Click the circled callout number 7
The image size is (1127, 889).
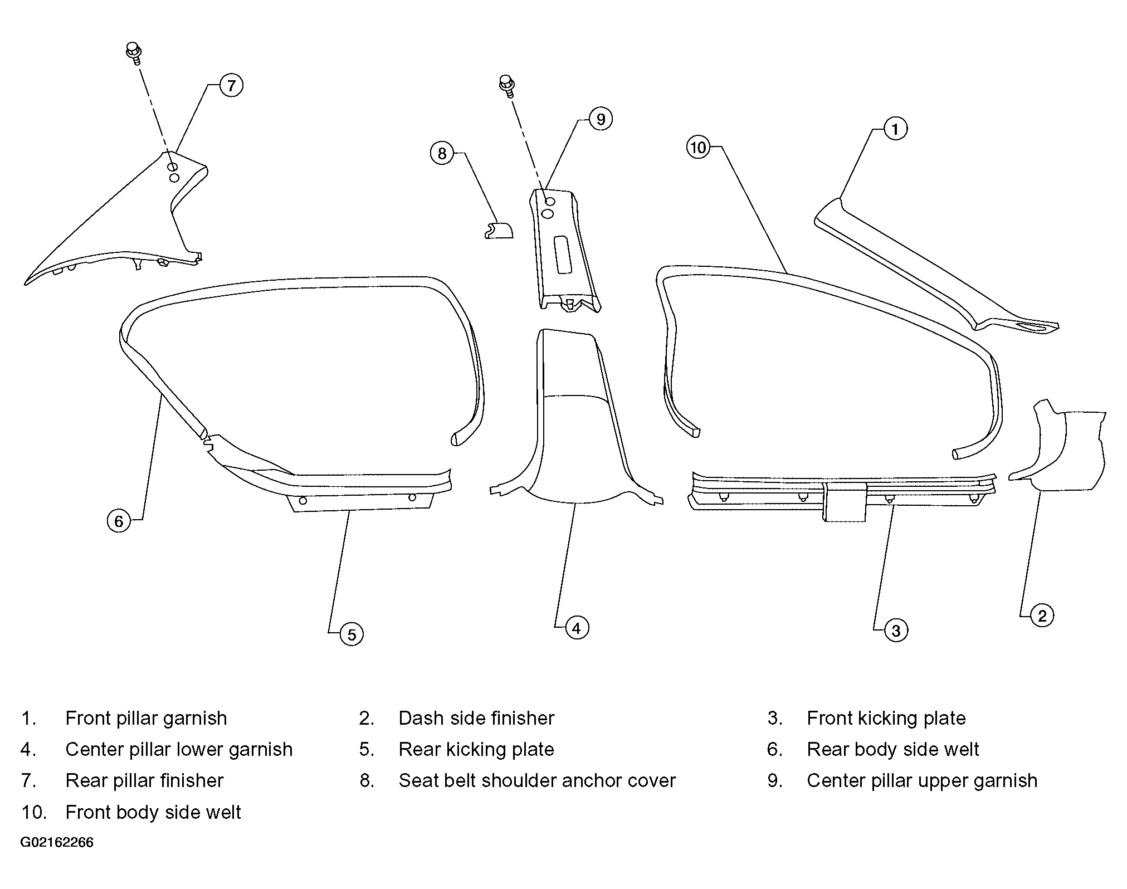coord(231,86)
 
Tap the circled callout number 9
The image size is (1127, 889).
coord(601,119)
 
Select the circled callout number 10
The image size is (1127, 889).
coord(698,148)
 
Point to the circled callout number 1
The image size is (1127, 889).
coord(895,129)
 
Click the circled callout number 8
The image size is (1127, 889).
coord(442,154)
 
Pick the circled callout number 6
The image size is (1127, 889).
coord(119,521)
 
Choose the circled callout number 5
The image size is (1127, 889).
coord(352,634)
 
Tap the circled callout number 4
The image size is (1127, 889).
coord(577,628)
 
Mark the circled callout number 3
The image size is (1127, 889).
coord(896,631)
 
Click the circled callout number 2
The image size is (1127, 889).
coord(1042,616)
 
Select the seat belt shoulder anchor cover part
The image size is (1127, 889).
coord(498,230)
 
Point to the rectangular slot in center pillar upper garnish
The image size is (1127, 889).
coord(562,255)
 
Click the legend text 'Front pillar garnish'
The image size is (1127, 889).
coord(146,719)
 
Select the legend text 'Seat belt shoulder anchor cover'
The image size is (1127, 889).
coord(537,781)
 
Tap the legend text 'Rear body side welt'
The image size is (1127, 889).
coord(892,750)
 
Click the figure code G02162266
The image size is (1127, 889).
coord(57,842)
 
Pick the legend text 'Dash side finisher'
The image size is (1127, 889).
coord(476,719)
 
